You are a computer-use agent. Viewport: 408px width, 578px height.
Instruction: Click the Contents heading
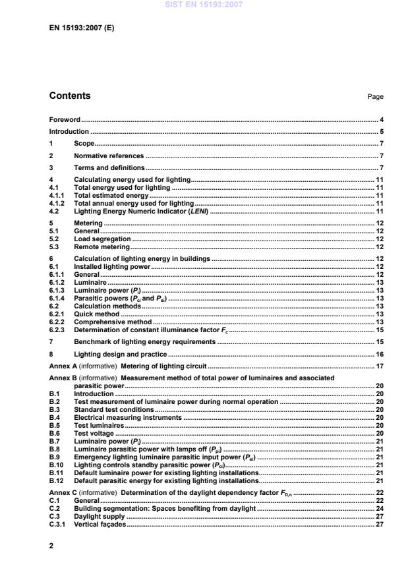click(x=70, y=96)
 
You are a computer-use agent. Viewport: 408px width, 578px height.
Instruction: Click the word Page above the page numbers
click(x=375, y=97)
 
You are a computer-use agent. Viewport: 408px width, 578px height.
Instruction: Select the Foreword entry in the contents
click(x=65, y=120)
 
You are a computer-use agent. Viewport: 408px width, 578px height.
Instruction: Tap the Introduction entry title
click(x=69, y=132)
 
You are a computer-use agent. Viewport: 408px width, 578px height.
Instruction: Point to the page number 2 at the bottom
click(x=52, y=546)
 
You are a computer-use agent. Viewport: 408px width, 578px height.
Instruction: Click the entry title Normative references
click(x=108, y=156)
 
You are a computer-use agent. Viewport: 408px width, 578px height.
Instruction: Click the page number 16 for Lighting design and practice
click(x=380, y=354)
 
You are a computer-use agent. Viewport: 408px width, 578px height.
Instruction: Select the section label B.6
click(x=55, y=433)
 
